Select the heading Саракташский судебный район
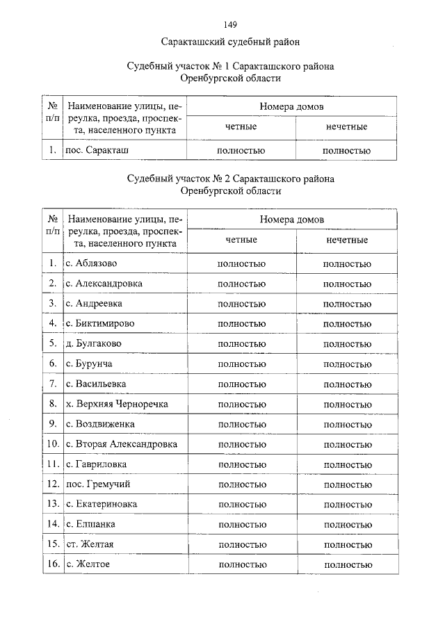[230, 42]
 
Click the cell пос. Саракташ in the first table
[97, 150]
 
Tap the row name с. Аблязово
[92, 263]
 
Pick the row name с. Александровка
[104, 284]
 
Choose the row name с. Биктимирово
[100, 324]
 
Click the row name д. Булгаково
[94, 343]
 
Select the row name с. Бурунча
[90, 363]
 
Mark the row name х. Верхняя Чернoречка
[117, 404]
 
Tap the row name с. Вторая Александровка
[122, 444]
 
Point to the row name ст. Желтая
[90, 544]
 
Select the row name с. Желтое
[88, 564]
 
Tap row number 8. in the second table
[52, 404]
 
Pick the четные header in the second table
[241, 240]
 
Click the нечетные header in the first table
[346, 127]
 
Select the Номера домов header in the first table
[292, 107]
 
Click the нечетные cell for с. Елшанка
[347, 524]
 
